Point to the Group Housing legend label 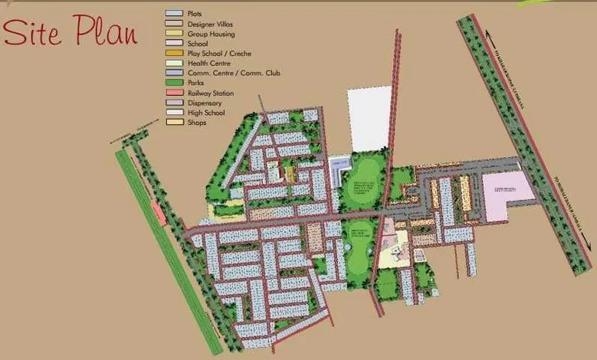(211, 34)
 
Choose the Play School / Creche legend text (219, 54)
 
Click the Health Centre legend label (208, 64)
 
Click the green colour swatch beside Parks (174, 83)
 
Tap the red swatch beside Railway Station (174, 93)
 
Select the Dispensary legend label (205, 103)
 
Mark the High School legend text (206, 113)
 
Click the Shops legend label (197, 123)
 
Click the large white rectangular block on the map (369, 119)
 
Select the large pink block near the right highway (507, 195)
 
